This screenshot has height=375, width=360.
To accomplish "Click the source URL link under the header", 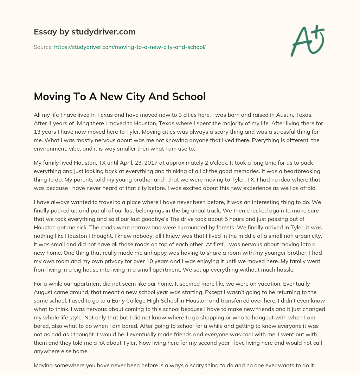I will [130, 46].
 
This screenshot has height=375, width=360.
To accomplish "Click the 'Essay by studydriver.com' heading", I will [85, 32].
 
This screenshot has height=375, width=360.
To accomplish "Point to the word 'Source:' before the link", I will [43, 46].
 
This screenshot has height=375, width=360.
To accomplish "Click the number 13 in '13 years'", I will [37, 132].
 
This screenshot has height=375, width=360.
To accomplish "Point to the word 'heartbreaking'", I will [301, 172].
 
